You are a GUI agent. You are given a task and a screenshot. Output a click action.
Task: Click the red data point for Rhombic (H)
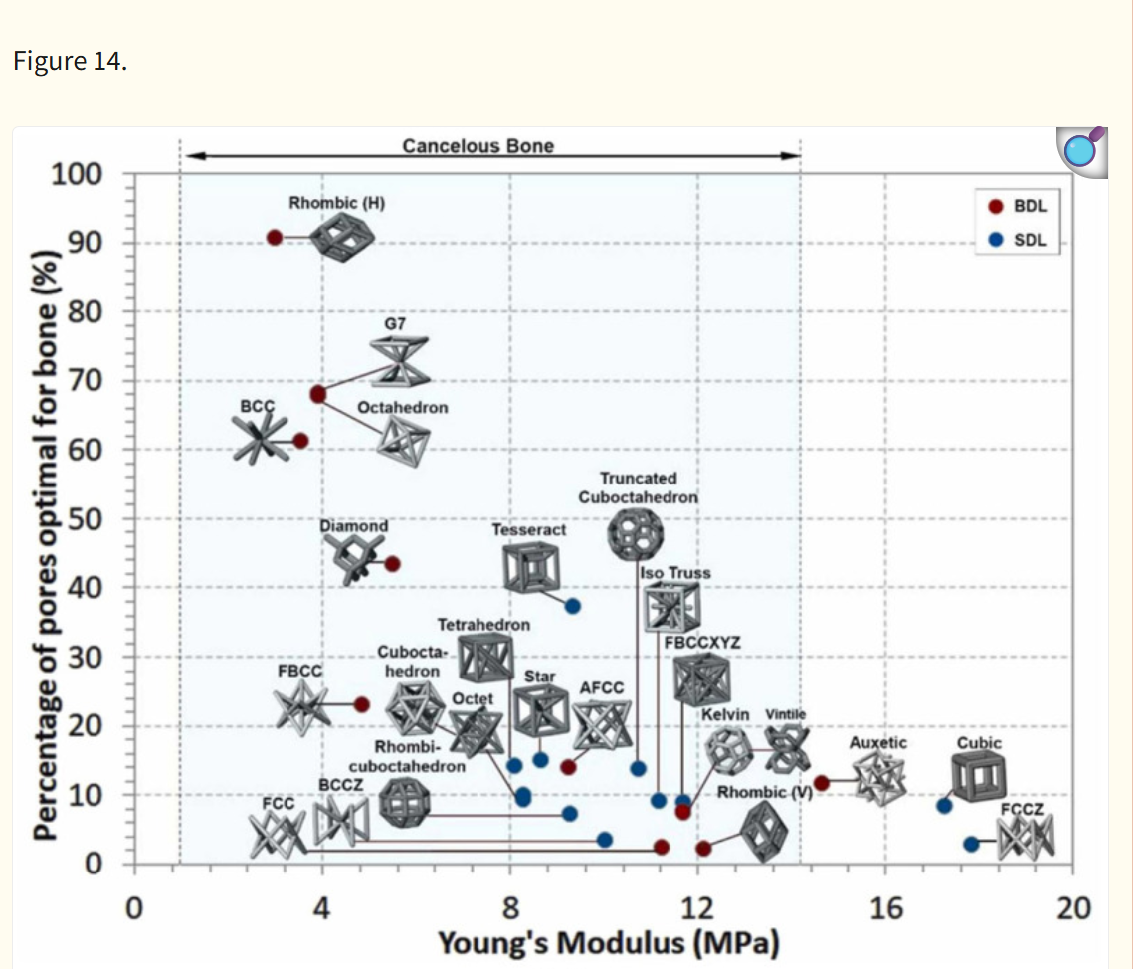click(275, 238)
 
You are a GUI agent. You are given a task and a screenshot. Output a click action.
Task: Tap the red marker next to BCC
click(300, 441)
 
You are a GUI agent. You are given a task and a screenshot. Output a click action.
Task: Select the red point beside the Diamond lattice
click(392, 564)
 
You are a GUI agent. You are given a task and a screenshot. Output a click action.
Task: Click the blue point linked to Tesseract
click(573, 607)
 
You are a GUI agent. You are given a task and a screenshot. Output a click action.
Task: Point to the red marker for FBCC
click(362, 704)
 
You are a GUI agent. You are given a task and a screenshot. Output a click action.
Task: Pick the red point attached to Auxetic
click(822, 783)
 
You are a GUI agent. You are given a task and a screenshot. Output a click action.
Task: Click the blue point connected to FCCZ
click(971, 844)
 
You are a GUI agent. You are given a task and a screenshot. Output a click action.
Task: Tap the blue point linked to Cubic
click(944, 806)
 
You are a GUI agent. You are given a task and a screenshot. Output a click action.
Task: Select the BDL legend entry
click(1018, 207)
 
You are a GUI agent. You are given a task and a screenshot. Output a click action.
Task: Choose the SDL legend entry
click(1018, 240)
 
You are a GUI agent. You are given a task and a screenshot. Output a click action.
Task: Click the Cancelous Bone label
click(478, 146)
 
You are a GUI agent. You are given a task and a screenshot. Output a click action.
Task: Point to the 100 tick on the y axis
click(77, 174)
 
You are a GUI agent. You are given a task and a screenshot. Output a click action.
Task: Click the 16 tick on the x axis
click(886, 909)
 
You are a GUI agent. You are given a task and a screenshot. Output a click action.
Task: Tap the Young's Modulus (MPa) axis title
click(609, 943)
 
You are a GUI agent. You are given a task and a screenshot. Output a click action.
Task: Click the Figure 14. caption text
click(71, 61)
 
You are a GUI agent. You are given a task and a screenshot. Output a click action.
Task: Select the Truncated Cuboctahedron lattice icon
click(636, 534)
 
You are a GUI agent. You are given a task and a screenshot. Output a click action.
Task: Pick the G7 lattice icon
click(400, 361)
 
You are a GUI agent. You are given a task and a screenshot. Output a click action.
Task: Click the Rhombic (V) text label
click(764, 792)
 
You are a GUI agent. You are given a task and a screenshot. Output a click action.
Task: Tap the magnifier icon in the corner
click(1082, 151)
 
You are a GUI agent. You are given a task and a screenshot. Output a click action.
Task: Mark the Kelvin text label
click(725, 715)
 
